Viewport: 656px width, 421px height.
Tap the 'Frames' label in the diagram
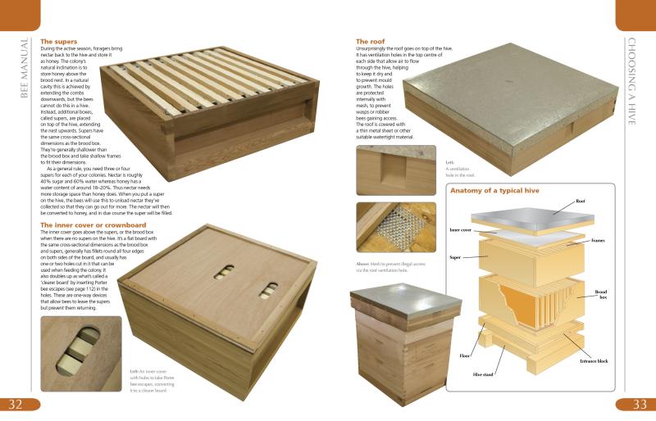click(604, 241)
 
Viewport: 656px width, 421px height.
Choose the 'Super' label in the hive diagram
click(456, 257)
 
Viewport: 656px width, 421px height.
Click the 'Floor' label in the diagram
click(464, 356)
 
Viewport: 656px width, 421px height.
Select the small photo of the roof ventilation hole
click(384, 170)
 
